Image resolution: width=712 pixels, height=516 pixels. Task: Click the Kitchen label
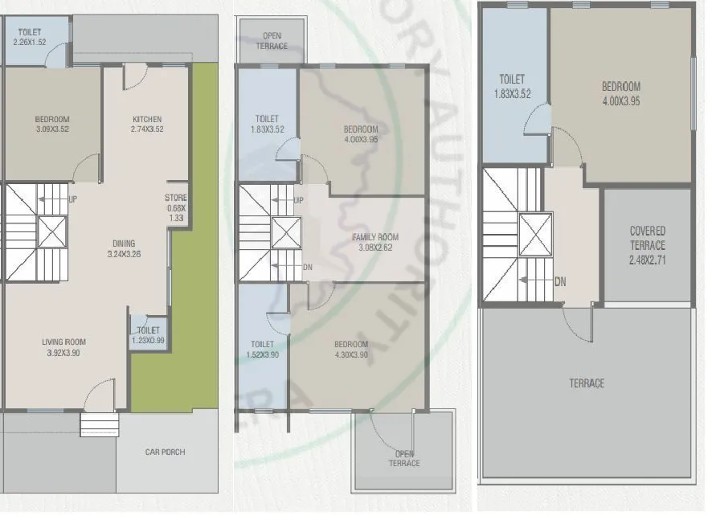point(147,120)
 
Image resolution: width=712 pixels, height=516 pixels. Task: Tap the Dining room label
point(124,244)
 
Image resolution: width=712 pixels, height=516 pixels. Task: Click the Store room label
point(176,198)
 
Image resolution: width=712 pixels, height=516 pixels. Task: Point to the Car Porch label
point(165,452)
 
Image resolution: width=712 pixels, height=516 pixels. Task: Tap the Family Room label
point(374,237)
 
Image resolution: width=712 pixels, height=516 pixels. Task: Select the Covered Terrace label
point(647,238)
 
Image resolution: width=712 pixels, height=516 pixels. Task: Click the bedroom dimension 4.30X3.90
point(350,354)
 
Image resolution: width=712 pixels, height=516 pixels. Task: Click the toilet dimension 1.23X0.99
point(148,340)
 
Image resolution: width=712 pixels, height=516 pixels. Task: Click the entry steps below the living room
point(99,424)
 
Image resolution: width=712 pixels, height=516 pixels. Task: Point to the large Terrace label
point(587,383)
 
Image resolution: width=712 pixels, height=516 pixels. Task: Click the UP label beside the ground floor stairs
point(73,199)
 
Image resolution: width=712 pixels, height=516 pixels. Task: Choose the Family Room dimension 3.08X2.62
point(374,248)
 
